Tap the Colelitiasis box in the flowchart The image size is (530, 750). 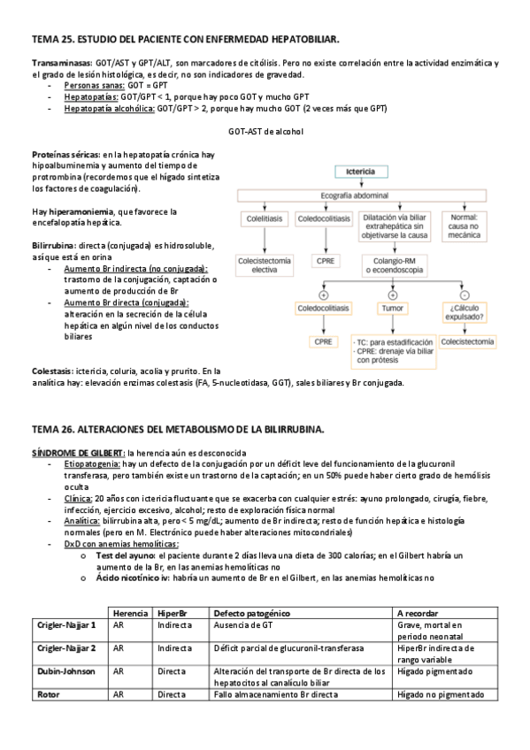[x=263, y=218]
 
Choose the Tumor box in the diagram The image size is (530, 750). [x=393, y=308]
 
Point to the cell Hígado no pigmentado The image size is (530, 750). [x=442, y=694]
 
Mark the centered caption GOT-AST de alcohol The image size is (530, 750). [x=265, y=132]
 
